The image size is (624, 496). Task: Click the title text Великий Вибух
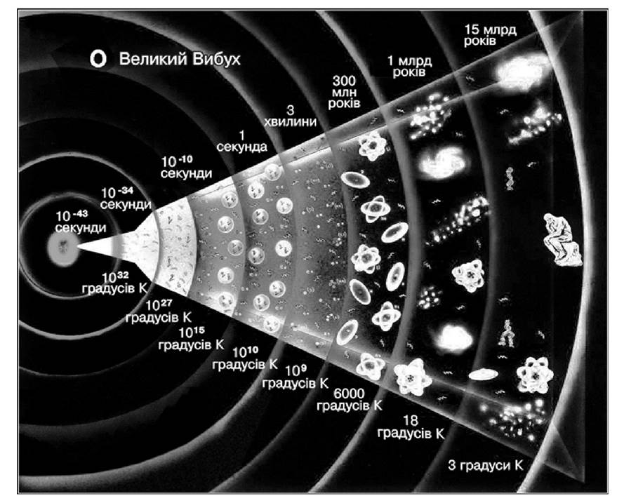pyautogui.click(x=180, y=59)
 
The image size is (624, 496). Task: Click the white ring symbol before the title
pyautogui.click(x=98, y=59)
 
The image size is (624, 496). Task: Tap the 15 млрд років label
pyautogui.click(x=490, y=35)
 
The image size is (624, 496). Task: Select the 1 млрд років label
pyautogui.click(x=409, y=67)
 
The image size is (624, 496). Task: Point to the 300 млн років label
pyautogui.click(x=344, y=92)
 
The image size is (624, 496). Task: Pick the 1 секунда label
pyautogui.click(x=241, y=142)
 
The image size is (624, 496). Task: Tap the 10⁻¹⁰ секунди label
pyautogui.click(x=186, y=167)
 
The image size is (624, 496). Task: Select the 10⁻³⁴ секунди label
pyautogui.click(x=126, y=198)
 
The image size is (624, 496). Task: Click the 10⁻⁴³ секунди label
pyautogui.click(x=81, y=222)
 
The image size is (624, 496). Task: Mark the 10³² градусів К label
pyautogui.click(x=114, y=283)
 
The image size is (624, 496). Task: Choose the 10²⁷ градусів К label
pyautogui.click(x=159, y=311)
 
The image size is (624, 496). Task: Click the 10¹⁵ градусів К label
pyautogui.click(x=191, y=338)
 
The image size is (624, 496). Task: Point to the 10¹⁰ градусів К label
pyautogui.click(x=245, y=358)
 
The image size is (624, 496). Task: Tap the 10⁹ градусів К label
pyautogui.click(x=296, y=377)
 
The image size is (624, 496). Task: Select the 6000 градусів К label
pyautogui.click(x=350, y=400)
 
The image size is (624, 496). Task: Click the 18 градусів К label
pyautogui.click(x=411, y=427)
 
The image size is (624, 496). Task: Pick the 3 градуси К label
pyautogui.click(x=486, y=465)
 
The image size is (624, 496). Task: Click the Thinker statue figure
pyautogui.click(x=562, y=239)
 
